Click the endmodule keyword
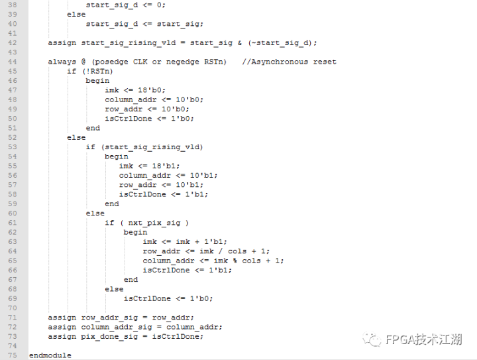coord(50,355)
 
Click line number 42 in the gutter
coord(11,43)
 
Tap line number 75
coord(11,355)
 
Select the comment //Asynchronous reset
coord(289,62)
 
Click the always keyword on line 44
coord(62,62)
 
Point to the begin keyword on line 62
coord(135,232)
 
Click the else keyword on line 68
coord(114,289)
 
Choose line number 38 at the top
coord(11,5)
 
